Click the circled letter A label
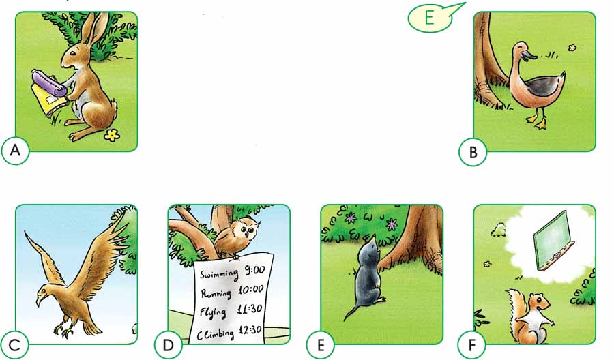(15, 150)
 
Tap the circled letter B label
(473, 152)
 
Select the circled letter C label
(14, 345)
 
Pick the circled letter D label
(168, 345)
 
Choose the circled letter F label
(472, 345)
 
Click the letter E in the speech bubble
(429, 18)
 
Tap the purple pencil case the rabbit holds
(49, 83)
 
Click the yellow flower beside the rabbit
(112, 135)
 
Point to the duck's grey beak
(530, 55)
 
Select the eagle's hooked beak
(39, 300)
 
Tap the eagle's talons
(64, 329)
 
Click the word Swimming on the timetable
(219, 273)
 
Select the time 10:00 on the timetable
(250, 290)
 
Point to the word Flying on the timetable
(213, 313)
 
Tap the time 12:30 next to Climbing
(250, 331)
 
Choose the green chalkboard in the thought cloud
(553, 241)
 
